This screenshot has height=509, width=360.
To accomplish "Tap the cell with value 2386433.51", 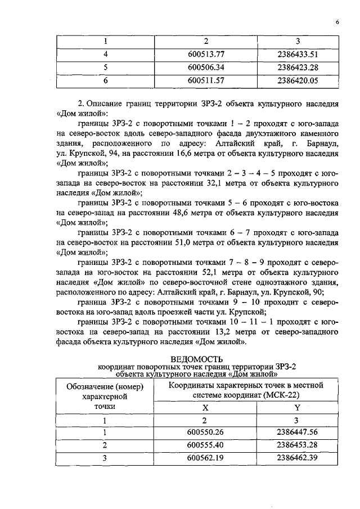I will click(298, 55).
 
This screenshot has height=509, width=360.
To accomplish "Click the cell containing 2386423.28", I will click(298, 67).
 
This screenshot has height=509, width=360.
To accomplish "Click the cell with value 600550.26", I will click(205, 433).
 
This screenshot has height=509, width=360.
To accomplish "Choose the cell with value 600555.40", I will click(205, 445).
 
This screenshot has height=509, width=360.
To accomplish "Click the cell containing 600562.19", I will click(205, 458).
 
